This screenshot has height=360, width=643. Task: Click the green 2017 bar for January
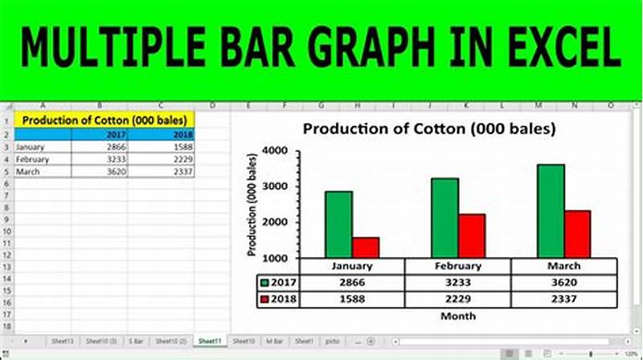click(338, 224)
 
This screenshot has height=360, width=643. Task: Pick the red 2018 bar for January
click(366, 247)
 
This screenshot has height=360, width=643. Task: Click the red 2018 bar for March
click(577, 234)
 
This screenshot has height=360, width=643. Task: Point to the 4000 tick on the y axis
click(276, 151)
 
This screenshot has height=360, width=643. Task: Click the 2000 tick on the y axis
click(276, 223)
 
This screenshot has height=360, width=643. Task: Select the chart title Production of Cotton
click(429, 129)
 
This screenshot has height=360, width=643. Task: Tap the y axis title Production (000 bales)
click(252, 203)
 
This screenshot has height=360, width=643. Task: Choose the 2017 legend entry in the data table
click(281, 283)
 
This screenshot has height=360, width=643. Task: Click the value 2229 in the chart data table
click(457, 299)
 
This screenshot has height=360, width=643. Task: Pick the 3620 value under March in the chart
click(563, 283)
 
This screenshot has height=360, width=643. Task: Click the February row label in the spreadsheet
click(32, 159)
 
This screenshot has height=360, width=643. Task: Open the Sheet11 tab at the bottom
click(211, 342)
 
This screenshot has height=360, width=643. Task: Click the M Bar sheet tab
click(274, 342)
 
